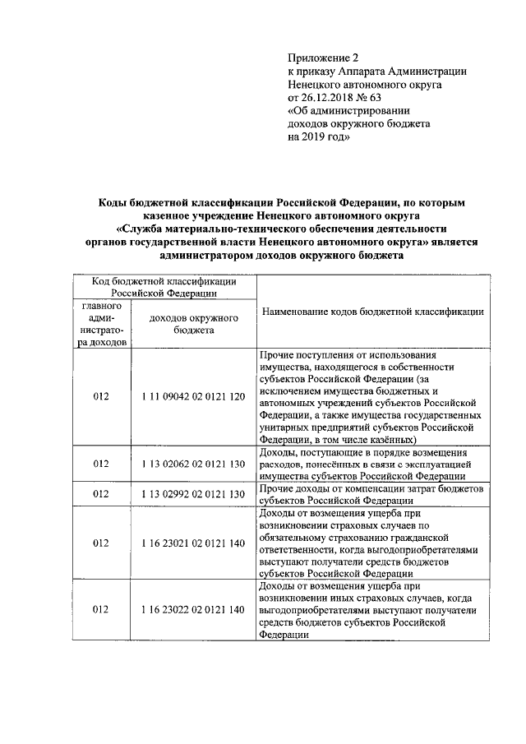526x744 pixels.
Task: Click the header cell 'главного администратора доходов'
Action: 101,323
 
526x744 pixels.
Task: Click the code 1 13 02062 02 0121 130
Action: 193,464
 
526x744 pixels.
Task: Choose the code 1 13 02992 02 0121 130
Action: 193,494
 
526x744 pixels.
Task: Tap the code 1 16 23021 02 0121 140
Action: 193,543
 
